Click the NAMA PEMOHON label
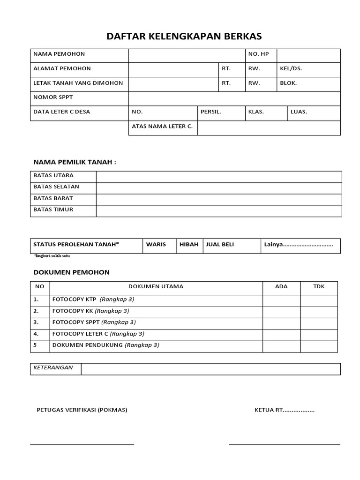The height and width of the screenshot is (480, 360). pyautogui.click(x=59, y=54)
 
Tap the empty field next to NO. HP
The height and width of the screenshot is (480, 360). pyautogui.click(x=308, y=55)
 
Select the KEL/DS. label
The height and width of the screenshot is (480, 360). pyautogui.click(x=291, y=69)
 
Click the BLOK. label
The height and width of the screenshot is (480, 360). pyautogui.click(x=288, y=83)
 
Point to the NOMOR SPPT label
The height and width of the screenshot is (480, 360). pyautogui.click(x=53, y=97)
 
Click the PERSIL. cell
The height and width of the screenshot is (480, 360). pyautogui.click(x=211, y=112)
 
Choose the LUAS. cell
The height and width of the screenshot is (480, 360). pyautogui.click(x=299, y=112)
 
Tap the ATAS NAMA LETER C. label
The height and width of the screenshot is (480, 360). pyautogui.click(x=162, y=127)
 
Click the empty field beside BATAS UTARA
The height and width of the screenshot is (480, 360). pyautogui.click(x=218, y=176)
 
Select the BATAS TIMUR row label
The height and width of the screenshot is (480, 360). pyautogui.click(x=53, y=210)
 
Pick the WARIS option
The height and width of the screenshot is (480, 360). pyautogui.click(x=156, y=245)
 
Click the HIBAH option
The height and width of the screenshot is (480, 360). pyautogui.click(x=189, y=245)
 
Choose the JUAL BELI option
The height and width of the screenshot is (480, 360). pyautogui.click(x=220, y=245)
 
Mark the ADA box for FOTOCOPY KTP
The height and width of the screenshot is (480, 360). pyautogui.click(x=281, y=300)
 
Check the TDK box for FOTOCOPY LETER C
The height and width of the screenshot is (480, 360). pyautogui.click(x=319, y=335)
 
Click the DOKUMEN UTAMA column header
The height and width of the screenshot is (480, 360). pyautogui.click(x=156, y=286)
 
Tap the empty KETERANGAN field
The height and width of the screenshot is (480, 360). pyautogui.click(x=210, y=369)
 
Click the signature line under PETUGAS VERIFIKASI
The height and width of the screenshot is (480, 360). pyautogui.click(x=82, y=444)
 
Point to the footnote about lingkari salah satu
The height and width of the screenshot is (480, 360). pyautogui.click(x=52, y=256)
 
